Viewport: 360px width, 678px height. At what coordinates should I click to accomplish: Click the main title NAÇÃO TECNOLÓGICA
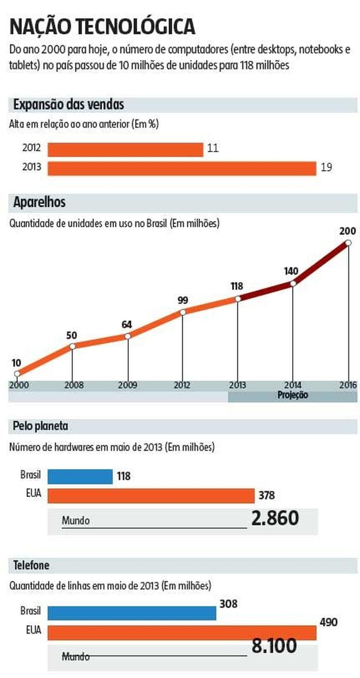tap(102, 27)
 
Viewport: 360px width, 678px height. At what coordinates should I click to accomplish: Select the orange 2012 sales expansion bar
tap(125, 149)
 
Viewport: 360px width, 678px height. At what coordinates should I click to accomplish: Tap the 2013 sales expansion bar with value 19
tap(182, 169)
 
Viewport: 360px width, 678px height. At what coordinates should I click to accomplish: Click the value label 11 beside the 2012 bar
tap(213, 148)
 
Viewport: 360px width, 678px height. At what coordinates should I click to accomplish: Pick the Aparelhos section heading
tap(39, 202)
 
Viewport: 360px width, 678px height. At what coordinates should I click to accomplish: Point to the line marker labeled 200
tap(348, 243)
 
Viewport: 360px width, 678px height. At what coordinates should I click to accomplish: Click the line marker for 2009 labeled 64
tap(128, 336)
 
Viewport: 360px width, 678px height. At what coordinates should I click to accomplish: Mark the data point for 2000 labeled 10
tap(17, 374)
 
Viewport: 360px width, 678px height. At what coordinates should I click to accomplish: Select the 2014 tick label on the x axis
tap(293, 385)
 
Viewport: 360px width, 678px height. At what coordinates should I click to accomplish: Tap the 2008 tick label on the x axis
tap(74, 385)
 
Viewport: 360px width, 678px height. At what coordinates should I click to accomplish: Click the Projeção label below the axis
tap(293, 395)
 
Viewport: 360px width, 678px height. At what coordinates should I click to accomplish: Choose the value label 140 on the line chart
tap(291, 271)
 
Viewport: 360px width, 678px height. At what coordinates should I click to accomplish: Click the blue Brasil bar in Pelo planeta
tap(80, 476)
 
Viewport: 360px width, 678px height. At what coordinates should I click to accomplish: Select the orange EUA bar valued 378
tap(151, 496)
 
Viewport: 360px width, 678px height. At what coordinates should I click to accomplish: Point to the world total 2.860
tap(275, 518)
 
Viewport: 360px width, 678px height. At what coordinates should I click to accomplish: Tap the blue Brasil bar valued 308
tap(131, 613)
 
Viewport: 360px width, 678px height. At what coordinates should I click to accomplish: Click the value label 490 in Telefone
tap(328, 622)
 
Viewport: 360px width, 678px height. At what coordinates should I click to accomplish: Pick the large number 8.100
tap(274, 646)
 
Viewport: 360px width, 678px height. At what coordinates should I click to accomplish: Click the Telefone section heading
tap(31, 566)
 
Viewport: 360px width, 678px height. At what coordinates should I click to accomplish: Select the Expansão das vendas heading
tap(69, 105)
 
